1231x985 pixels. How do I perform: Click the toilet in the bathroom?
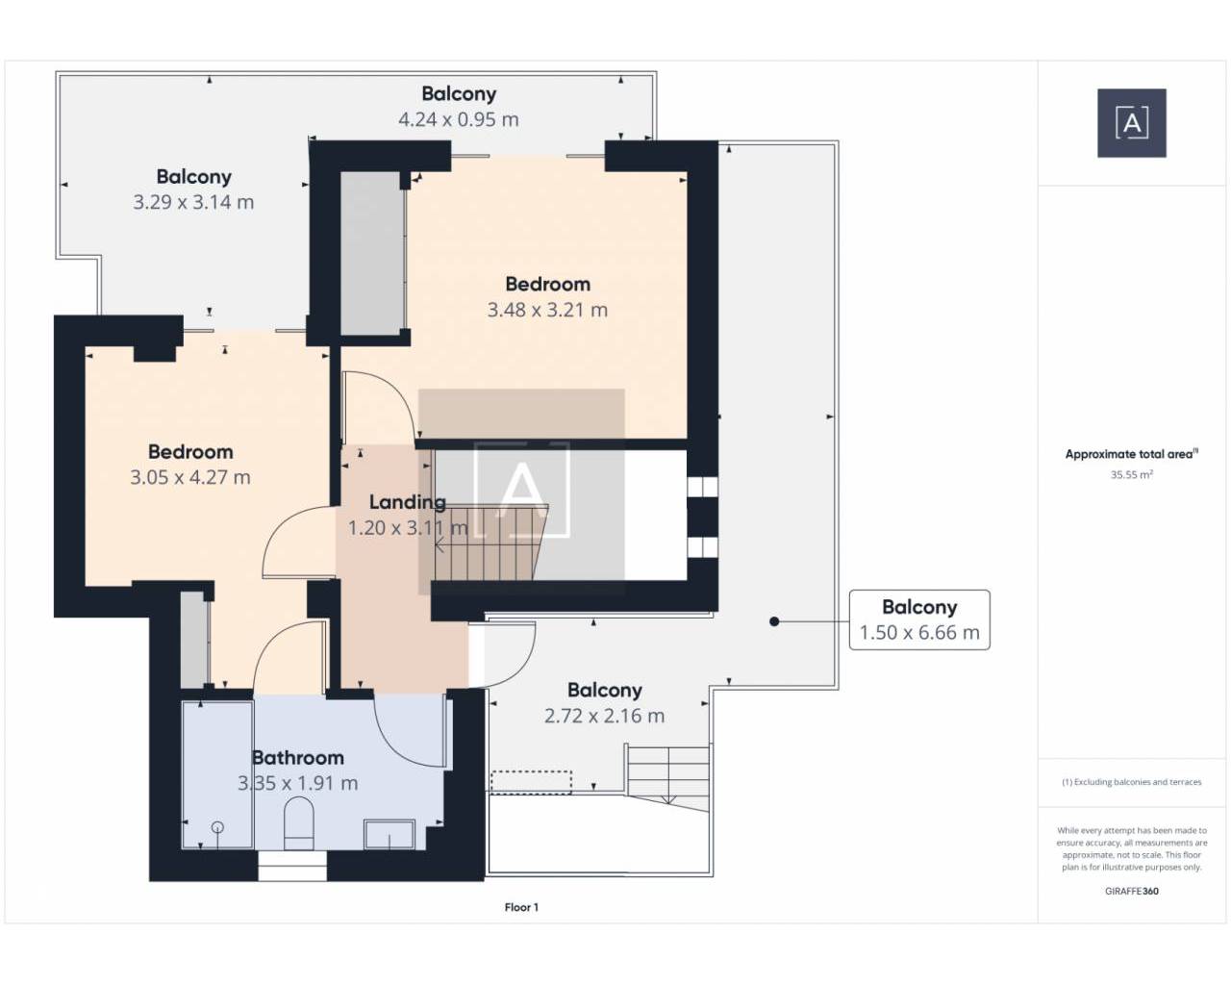pyautogui.click(x=298, y=823)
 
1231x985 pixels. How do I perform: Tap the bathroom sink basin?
pyautogui.click(x=389, y=835)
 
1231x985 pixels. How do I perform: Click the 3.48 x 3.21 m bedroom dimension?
pyautogui.click(x=547, y=310)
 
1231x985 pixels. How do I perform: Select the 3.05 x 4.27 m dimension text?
pyautogui.click(x=190, y=477)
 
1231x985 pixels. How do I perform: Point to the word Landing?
pyautogui.click(x=407, y=502)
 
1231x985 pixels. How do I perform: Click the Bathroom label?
pyautogui.click(x=298, y=757)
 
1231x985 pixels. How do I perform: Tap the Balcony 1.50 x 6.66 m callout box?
pyautogui.click(x=919, y=619)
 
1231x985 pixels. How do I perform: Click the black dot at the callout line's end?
pyautogui.click(x=774, y=621)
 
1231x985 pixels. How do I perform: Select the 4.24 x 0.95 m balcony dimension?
pyautogui.click(x=458, y=119)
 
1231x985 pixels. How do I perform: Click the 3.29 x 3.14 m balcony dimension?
pyautogui.click(x=193, y=202)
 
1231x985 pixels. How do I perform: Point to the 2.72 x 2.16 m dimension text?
pyautogui.click(x=604, y=716)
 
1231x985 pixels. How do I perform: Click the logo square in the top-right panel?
pyautogui.click(x=1132, y=123)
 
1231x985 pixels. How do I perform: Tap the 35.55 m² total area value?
pyautogui.click(x=1132, y=474)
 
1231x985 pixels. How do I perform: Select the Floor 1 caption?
pyautogui.click(x=521, y=907)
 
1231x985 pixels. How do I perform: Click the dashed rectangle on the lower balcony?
pyautogui.click(x=531, y=782)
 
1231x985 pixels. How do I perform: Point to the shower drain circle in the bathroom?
pyautogui.click(x=217, y=827)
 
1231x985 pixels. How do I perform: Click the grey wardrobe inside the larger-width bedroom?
pyautogui.click(x=372, y=254)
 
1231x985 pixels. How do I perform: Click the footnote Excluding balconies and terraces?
pyautogui.click(x=1132, y=782)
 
